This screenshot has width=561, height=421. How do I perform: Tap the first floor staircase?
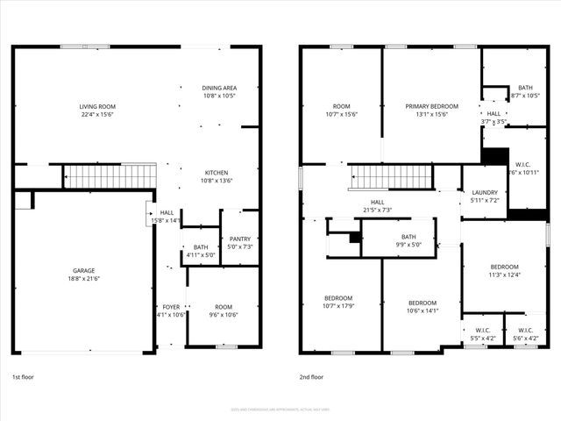coord(111,176)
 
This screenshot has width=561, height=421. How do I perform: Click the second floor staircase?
coord(390,176)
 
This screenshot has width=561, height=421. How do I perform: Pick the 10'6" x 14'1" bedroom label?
coord(422,306)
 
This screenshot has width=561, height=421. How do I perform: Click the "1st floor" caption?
coord(24,376)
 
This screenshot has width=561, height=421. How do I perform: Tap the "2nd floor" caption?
coord(311,376)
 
